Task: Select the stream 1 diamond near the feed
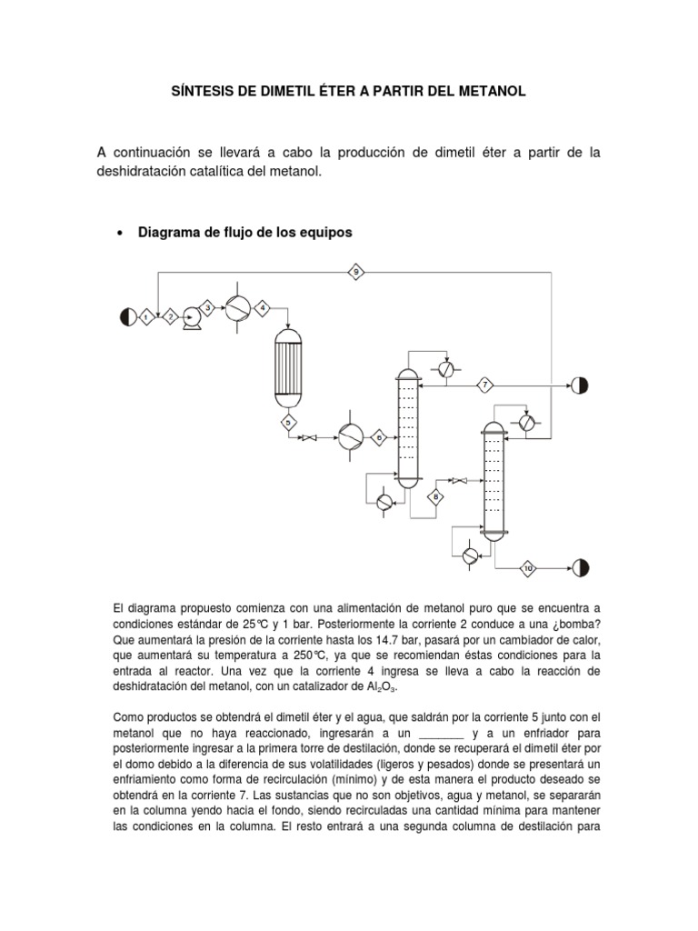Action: [x=145, y=316]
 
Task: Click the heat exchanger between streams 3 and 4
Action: [x=236, y=307]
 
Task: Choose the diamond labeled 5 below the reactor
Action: [x=287, y=422]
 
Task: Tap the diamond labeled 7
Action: [x=485, y=385]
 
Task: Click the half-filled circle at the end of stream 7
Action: [x=579, y=385]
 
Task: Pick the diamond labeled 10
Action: [x=529, y=569]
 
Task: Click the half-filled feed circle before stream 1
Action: [x=125, y=316]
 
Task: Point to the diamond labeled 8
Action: [x=436, y=496]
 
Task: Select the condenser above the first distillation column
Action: [x=444, y=368]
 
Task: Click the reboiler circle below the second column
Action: [x=469, y=556]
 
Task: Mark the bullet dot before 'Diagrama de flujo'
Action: [x=120, y=234]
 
